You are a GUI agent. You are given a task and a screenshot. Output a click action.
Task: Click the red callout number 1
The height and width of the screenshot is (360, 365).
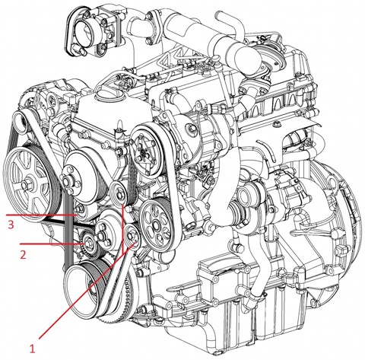32,349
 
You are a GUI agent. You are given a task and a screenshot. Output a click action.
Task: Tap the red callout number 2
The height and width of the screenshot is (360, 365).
23,254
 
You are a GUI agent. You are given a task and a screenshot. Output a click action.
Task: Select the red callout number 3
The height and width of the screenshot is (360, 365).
11,225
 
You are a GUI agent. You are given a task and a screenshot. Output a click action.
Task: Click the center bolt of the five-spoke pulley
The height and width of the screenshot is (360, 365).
27,186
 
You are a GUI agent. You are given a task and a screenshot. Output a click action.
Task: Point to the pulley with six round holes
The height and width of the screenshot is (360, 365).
155,225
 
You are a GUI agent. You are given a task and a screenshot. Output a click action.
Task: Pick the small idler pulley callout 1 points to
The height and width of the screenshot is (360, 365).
132,235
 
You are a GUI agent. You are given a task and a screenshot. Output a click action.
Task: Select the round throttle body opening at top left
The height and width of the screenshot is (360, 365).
83,32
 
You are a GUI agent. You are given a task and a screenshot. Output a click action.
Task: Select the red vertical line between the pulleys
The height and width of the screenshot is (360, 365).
123,229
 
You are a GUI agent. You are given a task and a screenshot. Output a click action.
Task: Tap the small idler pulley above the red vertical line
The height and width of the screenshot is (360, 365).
118,193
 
